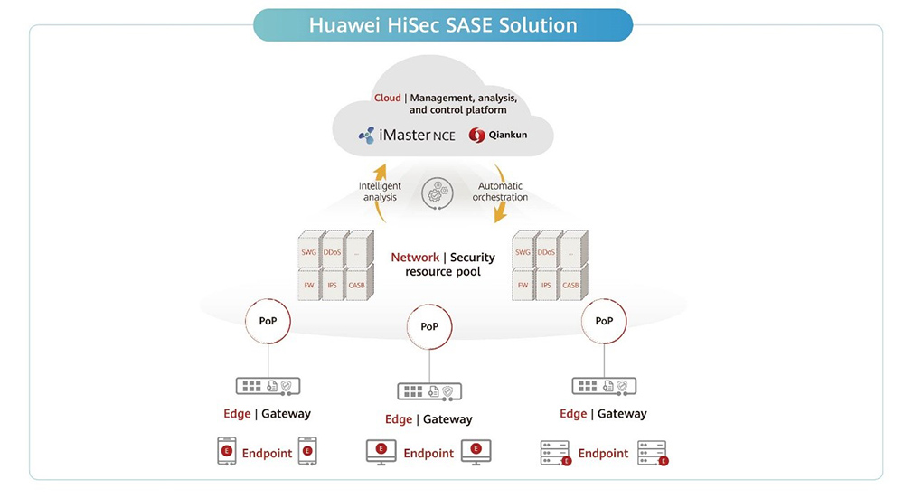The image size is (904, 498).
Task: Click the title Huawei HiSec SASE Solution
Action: tap(443, 24)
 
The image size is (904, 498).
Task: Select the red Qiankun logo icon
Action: tap(476, 136)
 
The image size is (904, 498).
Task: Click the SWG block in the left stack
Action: tap(308, 252)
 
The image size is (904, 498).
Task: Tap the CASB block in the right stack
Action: tap(570, 286)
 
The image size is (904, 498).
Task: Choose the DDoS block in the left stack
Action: tap(332, 252)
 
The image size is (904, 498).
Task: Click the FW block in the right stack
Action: tap(523, 286)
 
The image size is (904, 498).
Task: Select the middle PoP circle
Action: tap(429, 325)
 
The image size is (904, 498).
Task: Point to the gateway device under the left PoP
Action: tap(268, 386)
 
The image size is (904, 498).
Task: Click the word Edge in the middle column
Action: tap(399, 419)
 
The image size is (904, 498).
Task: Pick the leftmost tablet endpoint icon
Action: tap(227, 451)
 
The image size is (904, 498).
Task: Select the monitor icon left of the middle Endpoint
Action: tap(381, 451)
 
